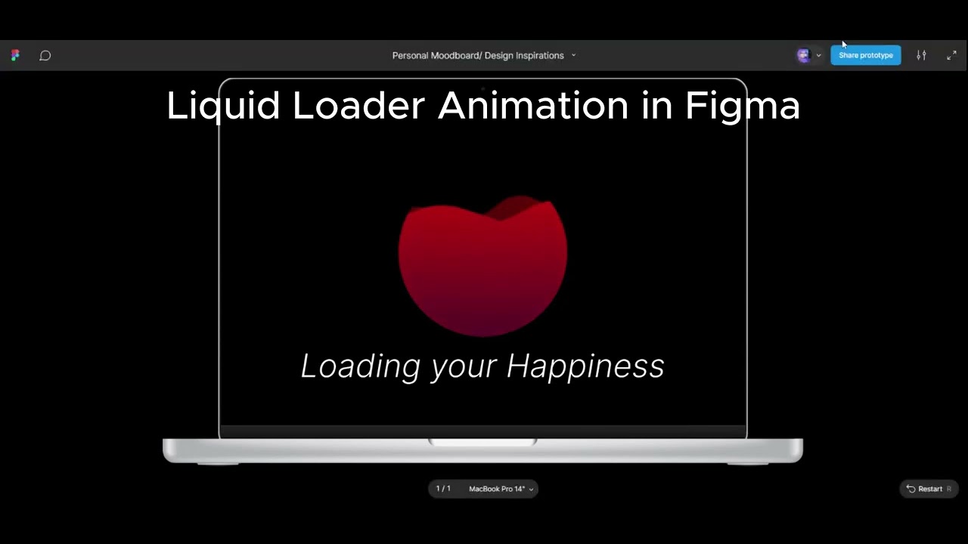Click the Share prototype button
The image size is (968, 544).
[x=865, y=55]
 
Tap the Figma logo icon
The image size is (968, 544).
[x=15, y=55]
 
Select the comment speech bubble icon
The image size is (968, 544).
[x=45, y=55]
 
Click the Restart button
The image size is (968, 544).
[x=929, y=489]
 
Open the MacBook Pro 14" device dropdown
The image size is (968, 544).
[x=501, y=489]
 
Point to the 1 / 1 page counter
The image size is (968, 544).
[x=443, y=489]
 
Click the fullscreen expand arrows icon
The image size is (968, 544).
[x=951, y=55]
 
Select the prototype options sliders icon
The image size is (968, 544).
[x=921, y=55]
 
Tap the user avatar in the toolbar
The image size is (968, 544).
[x=803, y=55]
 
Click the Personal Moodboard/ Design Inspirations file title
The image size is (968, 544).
[x=478, y=55]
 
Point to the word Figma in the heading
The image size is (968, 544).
[x=742, y=106]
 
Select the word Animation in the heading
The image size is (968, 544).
[x=533, y=106]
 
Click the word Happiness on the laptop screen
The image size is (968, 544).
[x=585, y=366]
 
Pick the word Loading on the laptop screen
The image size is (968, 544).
[x=361, y=366]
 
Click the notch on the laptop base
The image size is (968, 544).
[x=482, y=442]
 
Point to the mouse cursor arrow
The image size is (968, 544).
[x=844, y=45]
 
